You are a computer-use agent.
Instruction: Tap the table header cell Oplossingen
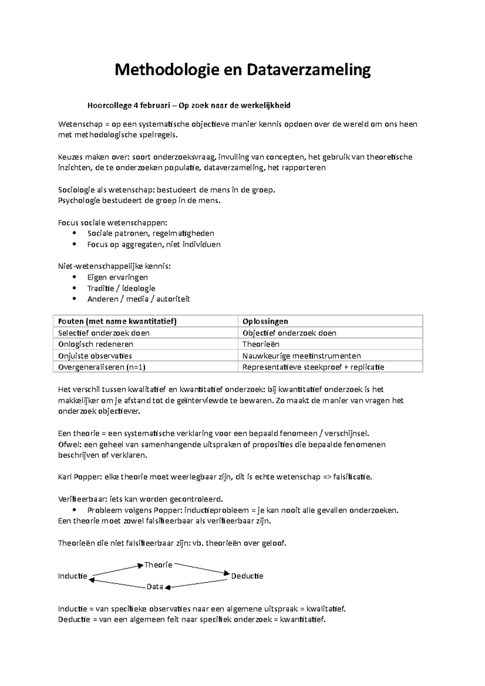pyautogui.click(x=265, y=321)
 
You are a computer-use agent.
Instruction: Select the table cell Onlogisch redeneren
pyautogui.click(x=96, y=344)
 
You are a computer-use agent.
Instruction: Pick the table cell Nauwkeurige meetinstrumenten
pyautogui.click(x=302, y=356)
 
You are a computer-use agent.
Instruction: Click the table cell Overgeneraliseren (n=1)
pyautogui.click(x=102, y=367)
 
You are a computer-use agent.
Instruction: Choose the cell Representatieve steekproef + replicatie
pyautogui.click(x=313, y=367)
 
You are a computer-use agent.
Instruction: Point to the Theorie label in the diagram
pyautogui.click(x=158, y=565)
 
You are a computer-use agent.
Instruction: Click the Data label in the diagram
pyautogui.click(x=155, y=587)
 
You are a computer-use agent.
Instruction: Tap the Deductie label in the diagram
pyautogui.click(x=247, y=576)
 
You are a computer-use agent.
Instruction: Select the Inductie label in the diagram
pyautogui.click(x=73, y=576)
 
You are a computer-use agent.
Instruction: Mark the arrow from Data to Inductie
pyautogui.click(x=117, y=583)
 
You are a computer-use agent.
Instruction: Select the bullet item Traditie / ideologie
pyautogui.click(x=121, y=288)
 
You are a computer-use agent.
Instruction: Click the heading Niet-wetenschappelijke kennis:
pyautogui.click(x=114, y=266)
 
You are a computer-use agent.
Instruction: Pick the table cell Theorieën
pyautogui.click(x=261, y=344)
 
